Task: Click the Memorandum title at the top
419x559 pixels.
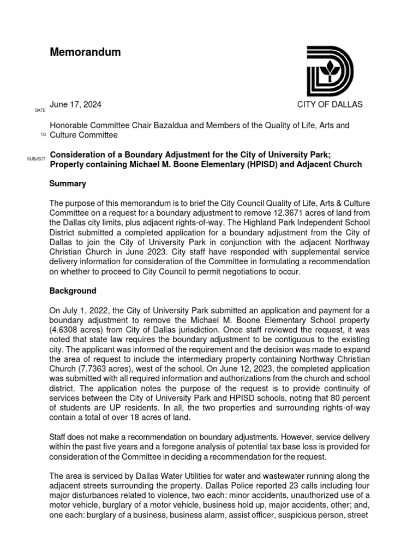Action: pos(85,52)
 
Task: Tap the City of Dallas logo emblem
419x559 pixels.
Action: pos(330,72)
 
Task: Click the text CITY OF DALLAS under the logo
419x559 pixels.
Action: pos(330,104)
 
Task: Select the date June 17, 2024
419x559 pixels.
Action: pos(75,104)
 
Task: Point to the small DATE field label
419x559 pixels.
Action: pos(40,111)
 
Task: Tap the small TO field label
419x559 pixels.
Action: pos(43,135)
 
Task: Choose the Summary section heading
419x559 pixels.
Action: pos(68,184)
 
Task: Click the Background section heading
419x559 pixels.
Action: pos(73,291)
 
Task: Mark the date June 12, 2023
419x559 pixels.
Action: pos(265,369)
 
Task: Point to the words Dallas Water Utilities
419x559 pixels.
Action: pos(155,475)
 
